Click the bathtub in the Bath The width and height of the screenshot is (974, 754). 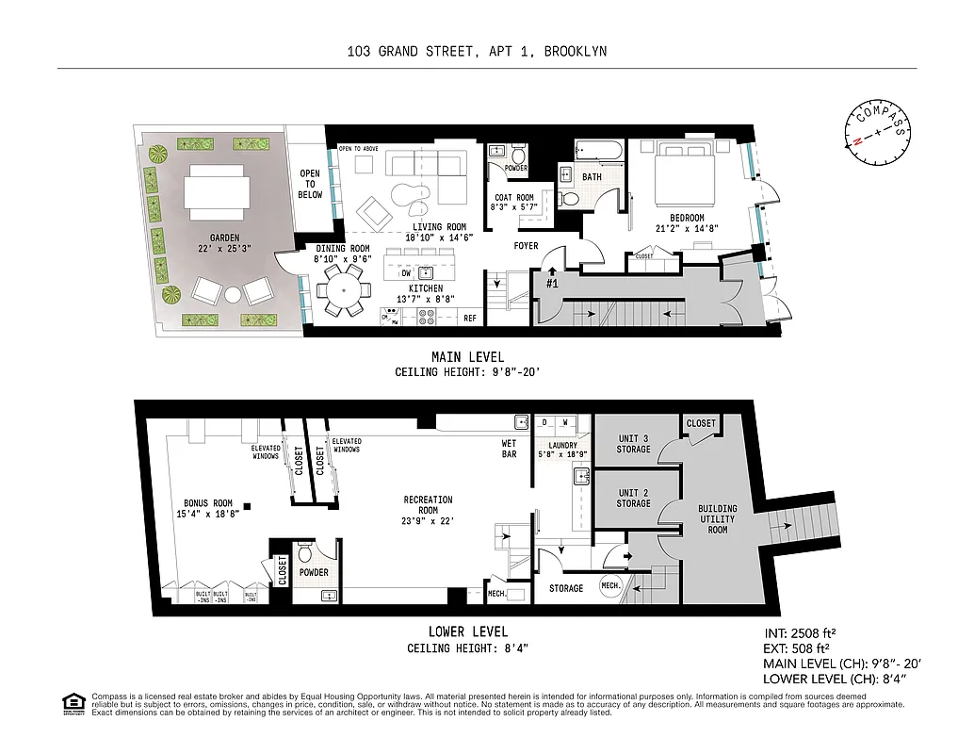point(598,152)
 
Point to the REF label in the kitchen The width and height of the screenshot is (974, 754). point(470,319)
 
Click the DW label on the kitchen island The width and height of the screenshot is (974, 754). point(405,273)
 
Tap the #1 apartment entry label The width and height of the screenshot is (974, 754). point(553,282)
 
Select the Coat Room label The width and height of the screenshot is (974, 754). point(513,203)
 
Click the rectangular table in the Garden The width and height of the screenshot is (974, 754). point(218,192)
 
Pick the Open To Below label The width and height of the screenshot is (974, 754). point(310,184)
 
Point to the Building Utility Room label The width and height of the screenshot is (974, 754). point(718,519)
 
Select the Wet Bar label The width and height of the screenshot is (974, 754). point(509,449)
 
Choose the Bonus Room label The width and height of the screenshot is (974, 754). point(207,508)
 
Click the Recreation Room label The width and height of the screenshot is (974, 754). point(429,505)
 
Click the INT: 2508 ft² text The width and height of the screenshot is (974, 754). point(800,633)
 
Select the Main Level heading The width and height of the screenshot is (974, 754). point(467,357)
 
